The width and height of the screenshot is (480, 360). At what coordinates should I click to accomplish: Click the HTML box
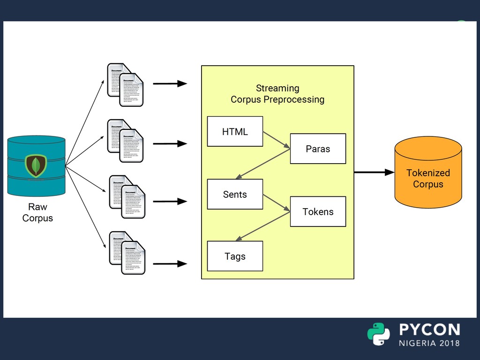(235, 132)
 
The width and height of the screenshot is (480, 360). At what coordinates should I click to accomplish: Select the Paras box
(318, 149)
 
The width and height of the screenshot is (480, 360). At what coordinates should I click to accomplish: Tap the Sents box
(235, 194)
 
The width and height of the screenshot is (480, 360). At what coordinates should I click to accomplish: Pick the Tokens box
(318, 211)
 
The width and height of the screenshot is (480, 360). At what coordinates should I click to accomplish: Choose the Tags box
(235, 256)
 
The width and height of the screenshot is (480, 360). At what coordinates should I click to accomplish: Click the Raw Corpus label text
(37, 212)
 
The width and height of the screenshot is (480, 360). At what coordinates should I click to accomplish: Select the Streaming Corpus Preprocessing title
(277, 94)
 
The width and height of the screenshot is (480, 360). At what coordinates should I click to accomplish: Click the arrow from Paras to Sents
(263, 164)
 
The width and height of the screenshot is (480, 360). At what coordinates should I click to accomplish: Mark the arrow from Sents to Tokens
(277, 203)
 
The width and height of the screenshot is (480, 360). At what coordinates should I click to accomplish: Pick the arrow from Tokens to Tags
(263, 226)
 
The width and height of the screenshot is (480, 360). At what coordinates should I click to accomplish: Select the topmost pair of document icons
(125, 85)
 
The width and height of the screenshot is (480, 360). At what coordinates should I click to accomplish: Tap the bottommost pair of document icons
(127, 253)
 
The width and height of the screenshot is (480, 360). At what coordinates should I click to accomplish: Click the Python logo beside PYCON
(378, 334)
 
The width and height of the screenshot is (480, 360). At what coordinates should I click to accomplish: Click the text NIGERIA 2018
(429, 343)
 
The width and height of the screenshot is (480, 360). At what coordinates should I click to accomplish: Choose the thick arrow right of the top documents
(170, 84)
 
